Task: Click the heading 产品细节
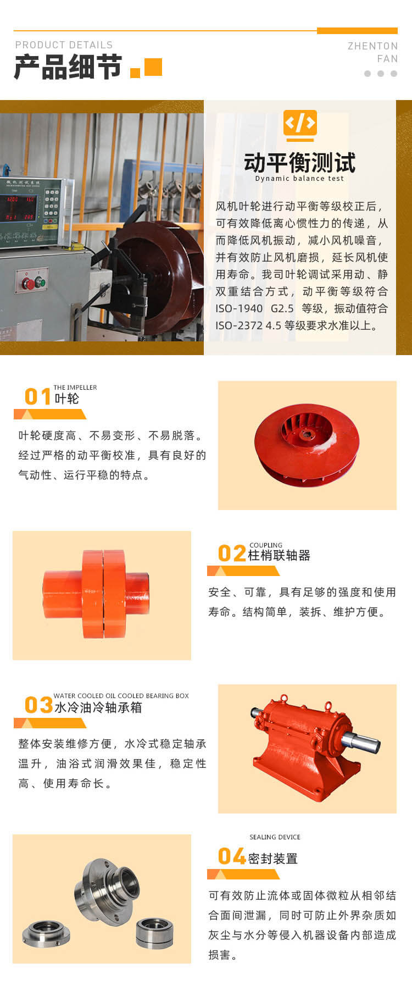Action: coord(68,68)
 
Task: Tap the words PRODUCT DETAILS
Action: coord(64,45)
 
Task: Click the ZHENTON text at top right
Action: coord(372,46)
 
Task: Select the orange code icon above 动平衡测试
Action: coord(300,123)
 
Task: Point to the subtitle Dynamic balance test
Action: coord(299,178)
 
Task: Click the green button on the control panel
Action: coord(40,283)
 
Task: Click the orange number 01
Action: coord(38,396)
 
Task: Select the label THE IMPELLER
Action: coord(75,388)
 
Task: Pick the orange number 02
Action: coord(232,553)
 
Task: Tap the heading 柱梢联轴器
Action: coord(279,555)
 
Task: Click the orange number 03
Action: coord(38,705)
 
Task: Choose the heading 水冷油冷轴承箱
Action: coord(98,707)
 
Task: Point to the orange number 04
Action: coord(232,856)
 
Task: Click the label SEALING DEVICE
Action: coord(275,837)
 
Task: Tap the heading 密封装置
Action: coord(273,858)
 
